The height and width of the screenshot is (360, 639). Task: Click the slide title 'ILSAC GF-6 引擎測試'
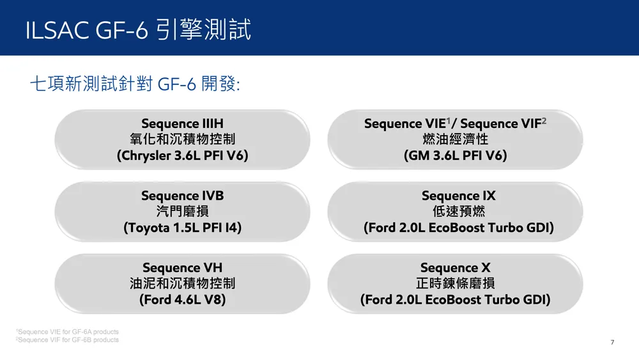(138, 29)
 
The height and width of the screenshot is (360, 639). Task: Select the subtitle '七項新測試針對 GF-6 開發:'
(135, 84)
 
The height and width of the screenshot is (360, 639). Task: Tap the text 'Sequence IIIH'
(182, 123)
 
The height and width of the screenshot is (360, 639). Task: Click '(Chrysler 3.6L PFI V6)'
(182, 155)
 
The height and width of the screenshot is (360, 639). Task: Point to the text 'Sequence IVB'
(182, 196)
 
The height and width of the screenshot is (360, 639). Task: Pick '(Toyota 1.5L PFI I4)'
(182, 228)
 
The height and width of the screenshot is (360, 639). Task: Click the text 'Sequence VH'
(182, 268)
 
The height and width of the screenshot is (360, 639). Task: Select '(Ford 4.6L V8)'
(182, 300)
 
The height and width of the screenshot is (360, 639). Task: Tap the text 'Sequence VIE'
(404, 123)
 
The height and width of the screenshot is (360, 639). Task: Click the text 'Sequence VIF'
(501, 123)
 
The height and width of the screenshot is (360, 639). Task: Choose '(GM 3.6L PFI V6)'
(455, 155)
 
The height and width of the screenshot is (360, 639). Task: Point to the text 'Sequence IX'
(458, 196)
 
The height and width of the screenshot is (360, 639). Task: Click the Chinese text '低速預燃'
(458, 211)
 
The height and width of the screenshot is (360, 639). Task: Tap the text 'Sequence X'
(455, 268)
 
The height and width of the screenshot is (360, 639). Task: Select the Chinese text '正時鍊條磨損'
(455, 283)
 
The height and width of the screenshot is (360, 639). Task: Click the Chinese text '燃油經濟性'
(455, 139)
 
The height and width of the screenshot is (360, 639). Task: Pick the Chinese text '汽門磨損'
(182, 211)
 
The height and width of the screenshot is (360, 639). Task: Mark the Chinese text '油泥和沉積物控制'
(182, 283)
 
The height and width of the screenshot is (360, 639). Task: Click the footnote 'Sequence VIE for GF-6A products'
(68, 332)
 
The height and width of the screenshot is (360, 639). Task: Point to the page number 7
(612, 343)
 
